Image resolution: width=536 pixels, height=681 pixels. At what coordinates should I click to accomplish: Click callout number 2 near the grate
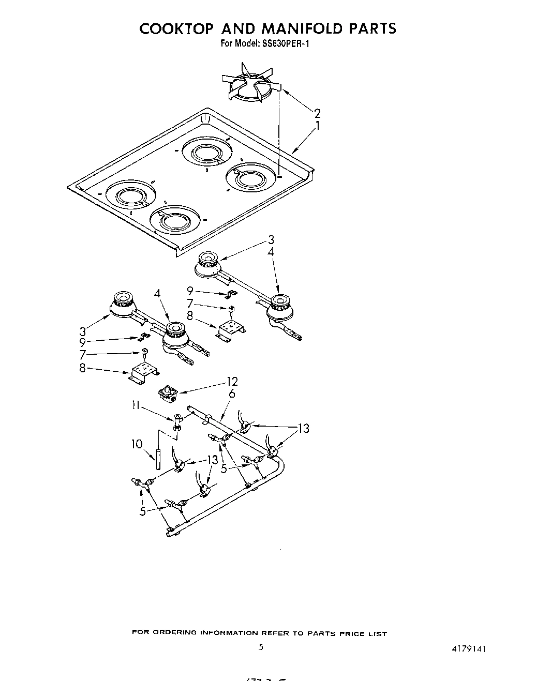click(317, 113)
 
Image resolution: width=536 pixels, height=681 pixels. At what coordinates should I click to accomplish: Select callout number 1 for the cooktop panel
click(317, 126)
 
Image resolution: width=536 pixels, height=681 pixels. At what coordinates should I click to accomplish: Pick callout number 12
click(232, 382)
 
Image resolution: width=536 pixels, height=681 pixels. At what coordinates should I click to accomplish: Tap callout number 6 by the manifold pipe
click(231, 394)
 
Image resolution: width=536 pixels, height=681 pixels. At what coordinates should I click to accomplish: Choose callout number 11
click(135, 406)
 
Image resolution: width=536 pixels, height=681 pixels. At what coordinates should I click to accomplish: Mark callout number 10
click(137, 444)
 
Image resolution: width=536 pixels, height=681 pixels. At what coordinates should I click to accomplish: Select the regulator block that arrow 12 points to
click(168, 396)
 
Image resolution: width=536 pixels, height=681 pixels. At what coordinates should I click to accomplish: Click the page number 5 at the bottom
click(261, 646)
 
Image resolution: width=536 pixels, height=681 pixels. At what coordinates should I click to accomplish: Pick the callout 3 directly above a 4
click(271, 239)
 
